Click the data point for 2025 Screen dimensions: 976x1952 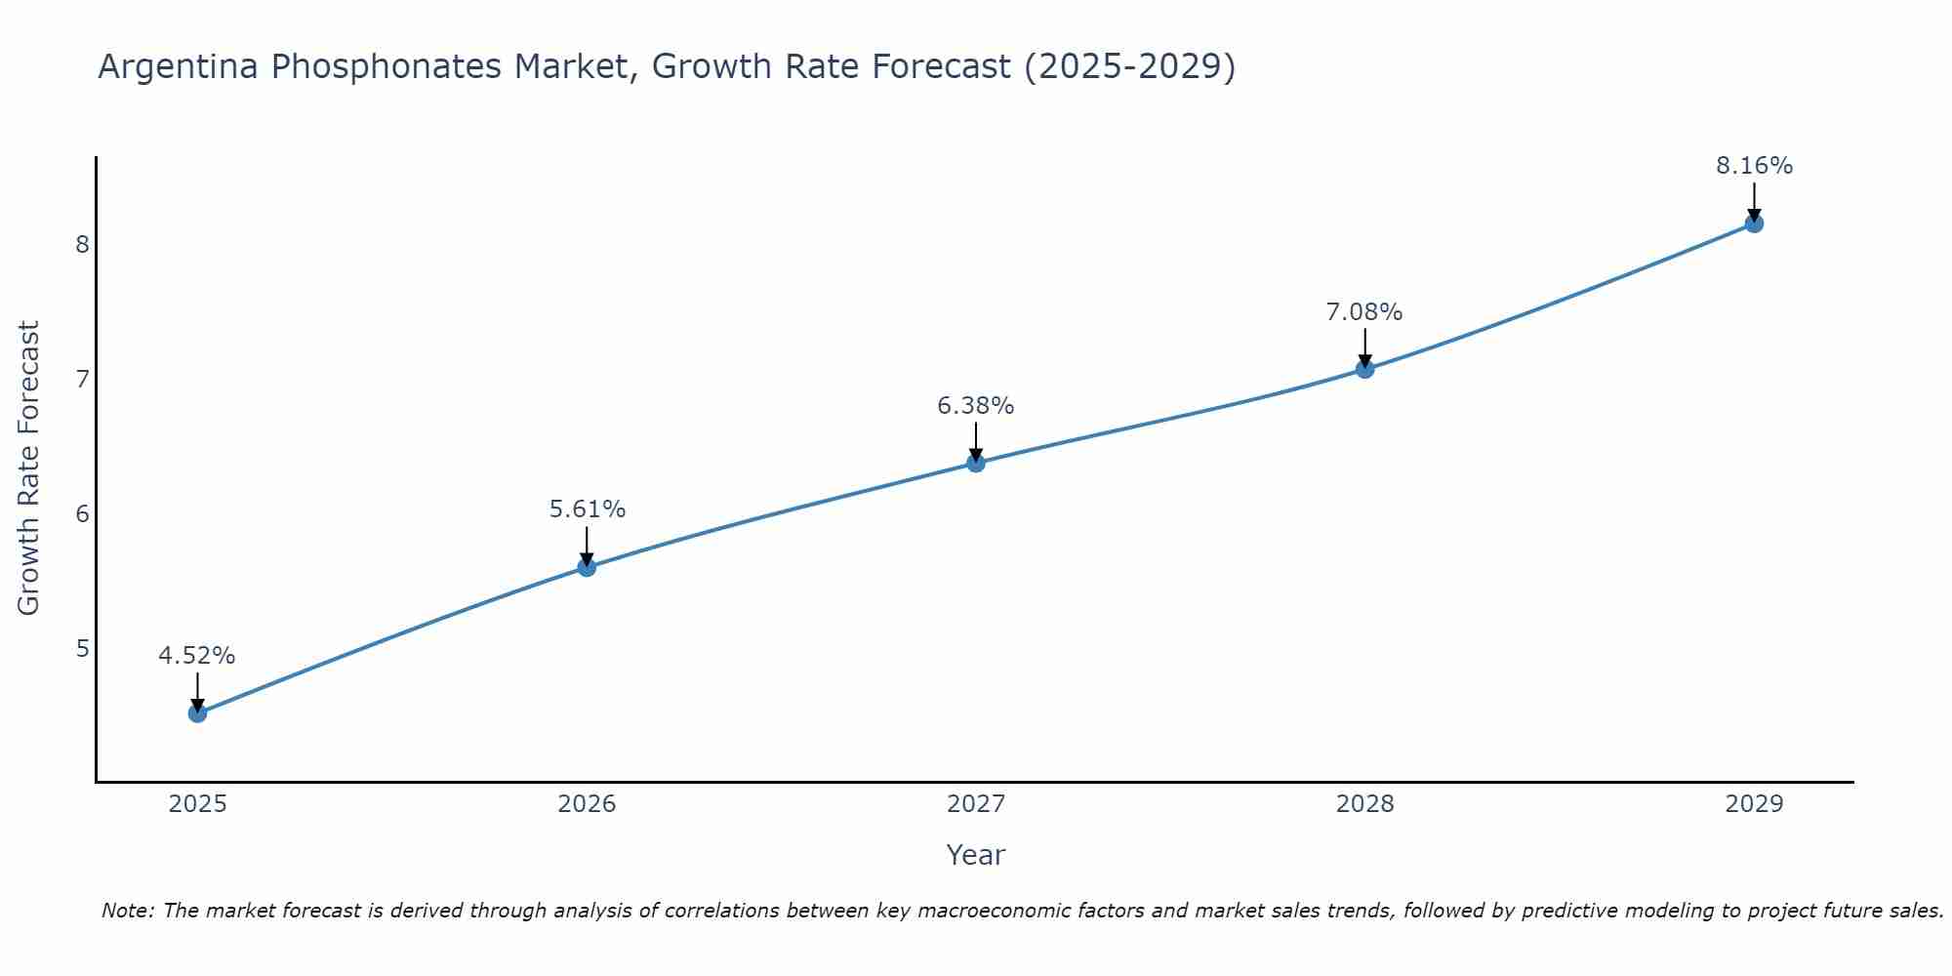[x=197, y=713]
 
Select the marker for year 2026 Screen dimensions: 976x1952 [x=587, y=567]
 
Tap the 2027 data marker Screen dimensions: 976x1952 [x=976, y=463]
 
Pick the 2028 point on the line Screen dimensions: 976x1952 [x=1364, y=369]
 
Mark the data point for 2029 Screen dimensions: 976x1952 [x=1754, y=224]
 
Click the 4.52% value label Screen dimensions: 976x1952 [x=197, y=656]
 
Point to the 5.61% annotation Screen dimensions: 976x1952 [x=587, y=509]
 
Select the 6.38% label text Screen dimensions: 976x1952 [x=976, y=406]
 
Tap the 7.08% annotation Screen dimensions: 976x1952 [x=1364, y=312]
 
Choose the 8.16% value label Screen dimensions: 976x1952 [x=1754, y=166]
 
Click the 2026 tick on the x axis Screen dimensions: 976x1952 [x=587, y=804]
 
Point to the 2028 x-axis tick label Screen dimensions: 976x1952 [x=1364, y=804]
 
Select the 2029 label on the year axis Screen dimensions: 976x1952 [x=1754, y=804]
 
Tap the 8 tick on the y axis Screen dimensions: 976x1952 [x=82, y=244]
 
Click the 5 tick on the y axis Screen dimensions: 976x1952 [x=82, y=648]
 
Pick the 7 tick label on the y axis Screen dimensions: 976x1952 [x=82, y=379]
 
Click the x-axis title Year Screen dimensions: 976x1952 [x=976, y=855]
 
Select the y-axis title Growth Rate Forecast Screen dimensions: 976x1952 [x=29, y=468]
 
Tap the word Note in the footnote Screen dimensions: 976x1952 [x=127, y=912]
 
